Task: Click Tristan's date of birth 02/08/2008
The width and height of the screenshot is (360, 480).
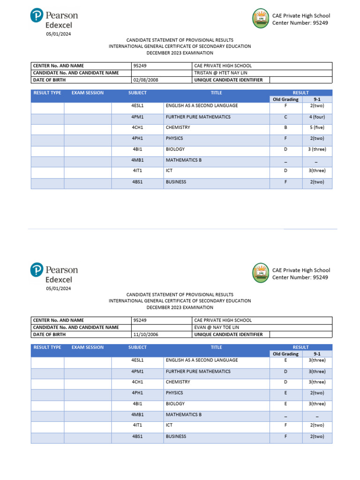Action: tap(146, 80)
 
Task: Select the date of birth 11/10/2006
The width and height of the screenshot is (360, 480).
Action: tap(146, 335)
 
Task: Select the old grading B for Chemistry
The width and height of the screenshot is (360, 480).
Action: tap(285, 127)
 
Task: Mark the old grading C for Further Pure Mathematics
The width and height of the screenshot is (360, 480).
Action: tap(285, 117)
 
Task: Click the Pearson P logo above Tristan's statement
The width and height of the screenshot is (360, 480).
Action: tap(37, 16)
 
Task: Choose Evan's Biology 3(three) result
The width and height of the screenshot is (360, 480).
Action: tap(316, 404)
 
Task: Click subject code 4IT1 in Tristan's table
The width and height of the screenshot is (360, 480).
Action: tap(137, 171)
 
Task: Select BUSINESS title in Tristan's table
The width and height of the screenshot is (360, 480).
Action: tap(176, 182)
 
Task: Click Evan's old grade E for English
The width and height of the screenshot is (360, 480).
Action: tap(285, 360)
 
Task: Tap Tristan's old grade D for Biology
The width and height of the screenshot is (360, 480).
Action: tap(285, 150)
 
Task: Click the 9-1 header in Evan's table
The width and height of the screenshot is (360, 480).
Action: tap(316, 354)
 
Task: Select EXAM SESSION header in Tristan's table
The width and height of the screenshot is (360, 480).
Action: tap(88, 93)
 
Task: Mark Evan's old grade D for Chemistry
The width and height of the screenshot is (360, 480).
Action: tap(285, 382)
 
